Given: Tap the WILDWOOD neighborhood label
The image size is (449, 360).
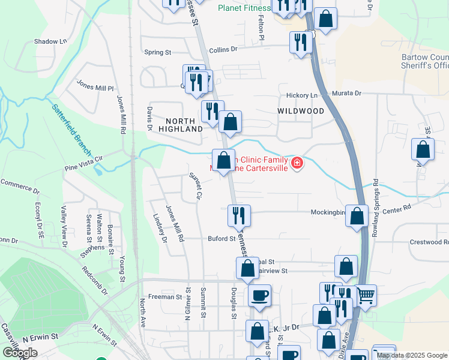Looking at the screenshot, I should [301, 111].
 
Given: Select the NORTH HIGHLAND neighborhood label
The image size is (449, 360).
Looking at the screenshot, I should [181, 125].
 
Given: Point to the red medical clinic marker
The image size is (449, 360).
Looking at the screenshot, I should [296, 163].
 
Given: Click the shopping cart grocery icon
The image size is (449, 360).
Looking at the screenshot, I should [366, 295].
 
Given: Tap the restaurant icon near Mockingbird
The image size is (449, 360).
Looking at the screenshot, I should [239, 215].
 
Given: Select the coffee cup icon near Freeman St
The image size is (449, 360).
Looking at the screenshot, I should [259, 295].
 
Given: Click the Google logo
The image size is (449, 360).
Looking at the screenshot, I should [20, 352].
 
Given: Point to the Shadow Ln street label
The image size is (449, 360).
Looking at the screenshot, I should [50, 41].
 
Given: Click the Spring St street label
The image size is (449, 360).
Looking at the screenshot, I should [158, 53].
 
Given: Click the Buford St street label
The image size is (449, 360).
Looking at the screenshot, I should [221, 239].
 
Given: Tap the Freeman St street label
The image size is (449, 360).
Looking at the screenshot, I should [164, 297].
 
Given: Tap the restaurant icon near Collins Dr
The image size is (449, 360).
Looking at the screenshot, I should [298, 41].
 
